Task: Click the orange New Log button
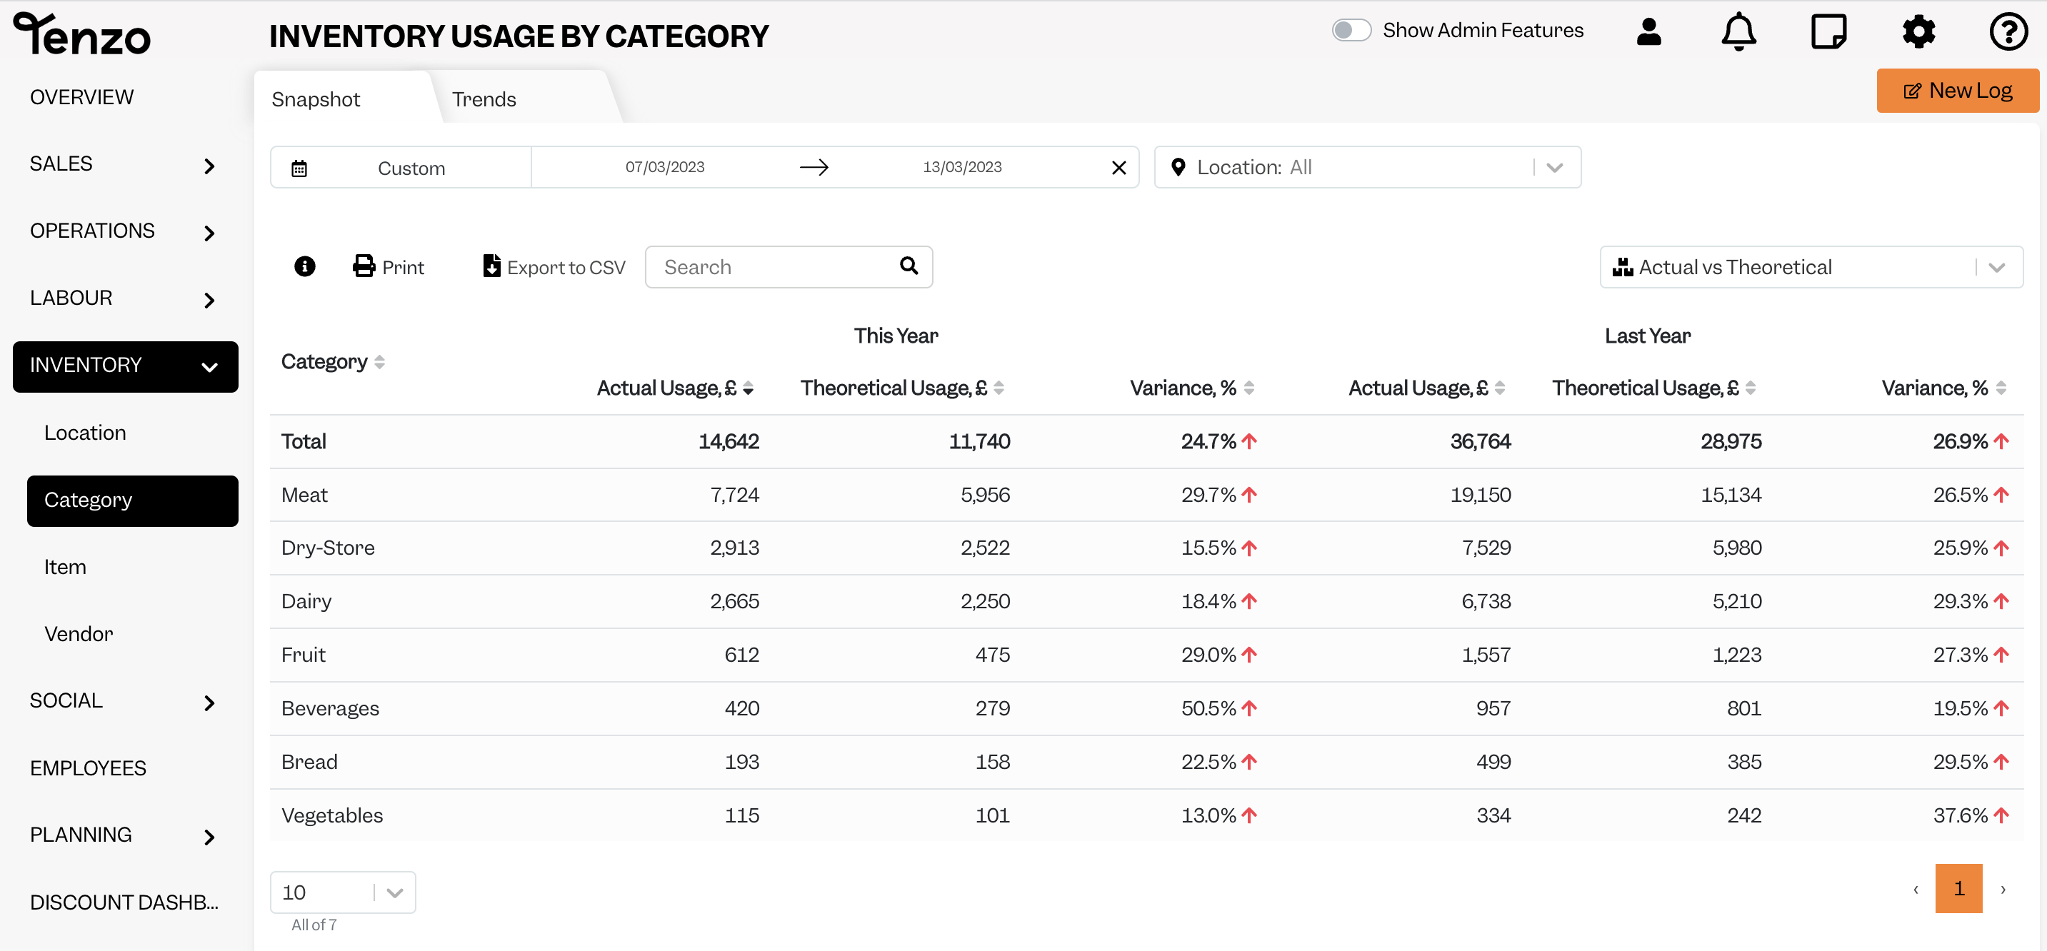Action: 1957,91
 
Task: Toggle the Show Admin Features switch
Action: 1351,30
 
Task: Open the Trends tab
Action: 484,99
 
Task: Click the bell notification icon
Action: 1738,32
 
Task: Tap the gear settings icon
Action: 1918,32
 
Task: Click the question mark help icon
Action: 2008,32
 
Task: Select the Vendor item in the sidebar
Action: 79,634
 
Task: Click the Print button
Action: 388,267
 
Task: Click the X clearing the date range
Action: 1119,168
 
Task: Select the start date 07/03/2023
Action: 665,167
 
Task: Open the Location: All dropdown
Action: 1368,167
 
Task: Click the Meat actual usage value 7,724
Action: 734,495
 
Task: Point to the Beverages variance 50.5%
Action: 1208,708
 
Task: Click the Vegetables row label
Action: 332,815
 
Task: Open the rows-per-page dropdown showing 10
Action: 343,892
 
